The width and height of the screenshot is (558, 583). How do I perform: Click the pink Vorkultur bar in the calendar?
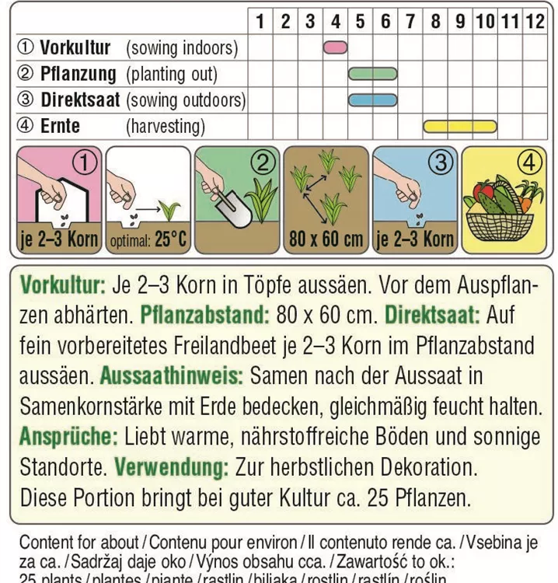tap(335, 47)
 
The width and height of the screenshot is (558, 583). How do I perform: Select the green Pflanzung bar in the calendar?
tap(373, 74)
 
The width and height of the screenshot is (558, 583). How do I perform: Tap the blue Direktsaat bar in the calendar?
tap(373, 99)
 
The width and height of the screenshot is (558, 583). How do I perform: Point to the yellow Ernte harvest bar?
tap(459, 125)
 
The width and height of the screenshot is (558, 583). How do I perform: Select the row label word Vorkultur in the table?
tap(75, 47)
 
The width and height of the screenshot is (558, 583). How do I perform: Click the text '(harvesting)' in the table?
tap(166, 126)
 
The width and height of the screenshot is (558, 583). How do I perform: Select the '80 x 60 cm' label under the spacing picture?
tap(326, 239)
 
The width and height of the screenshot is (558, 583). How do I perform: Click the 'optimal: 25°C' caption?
tap(148, 240)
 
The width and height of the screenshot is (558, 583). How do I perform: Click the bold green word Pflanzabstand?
tap(204, 316)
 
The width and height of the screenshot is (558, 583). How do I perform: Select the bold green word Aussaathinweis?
tap(172, 376)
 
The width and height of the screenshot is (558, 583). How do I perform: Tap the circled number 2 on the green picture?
tap(263, 162)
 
